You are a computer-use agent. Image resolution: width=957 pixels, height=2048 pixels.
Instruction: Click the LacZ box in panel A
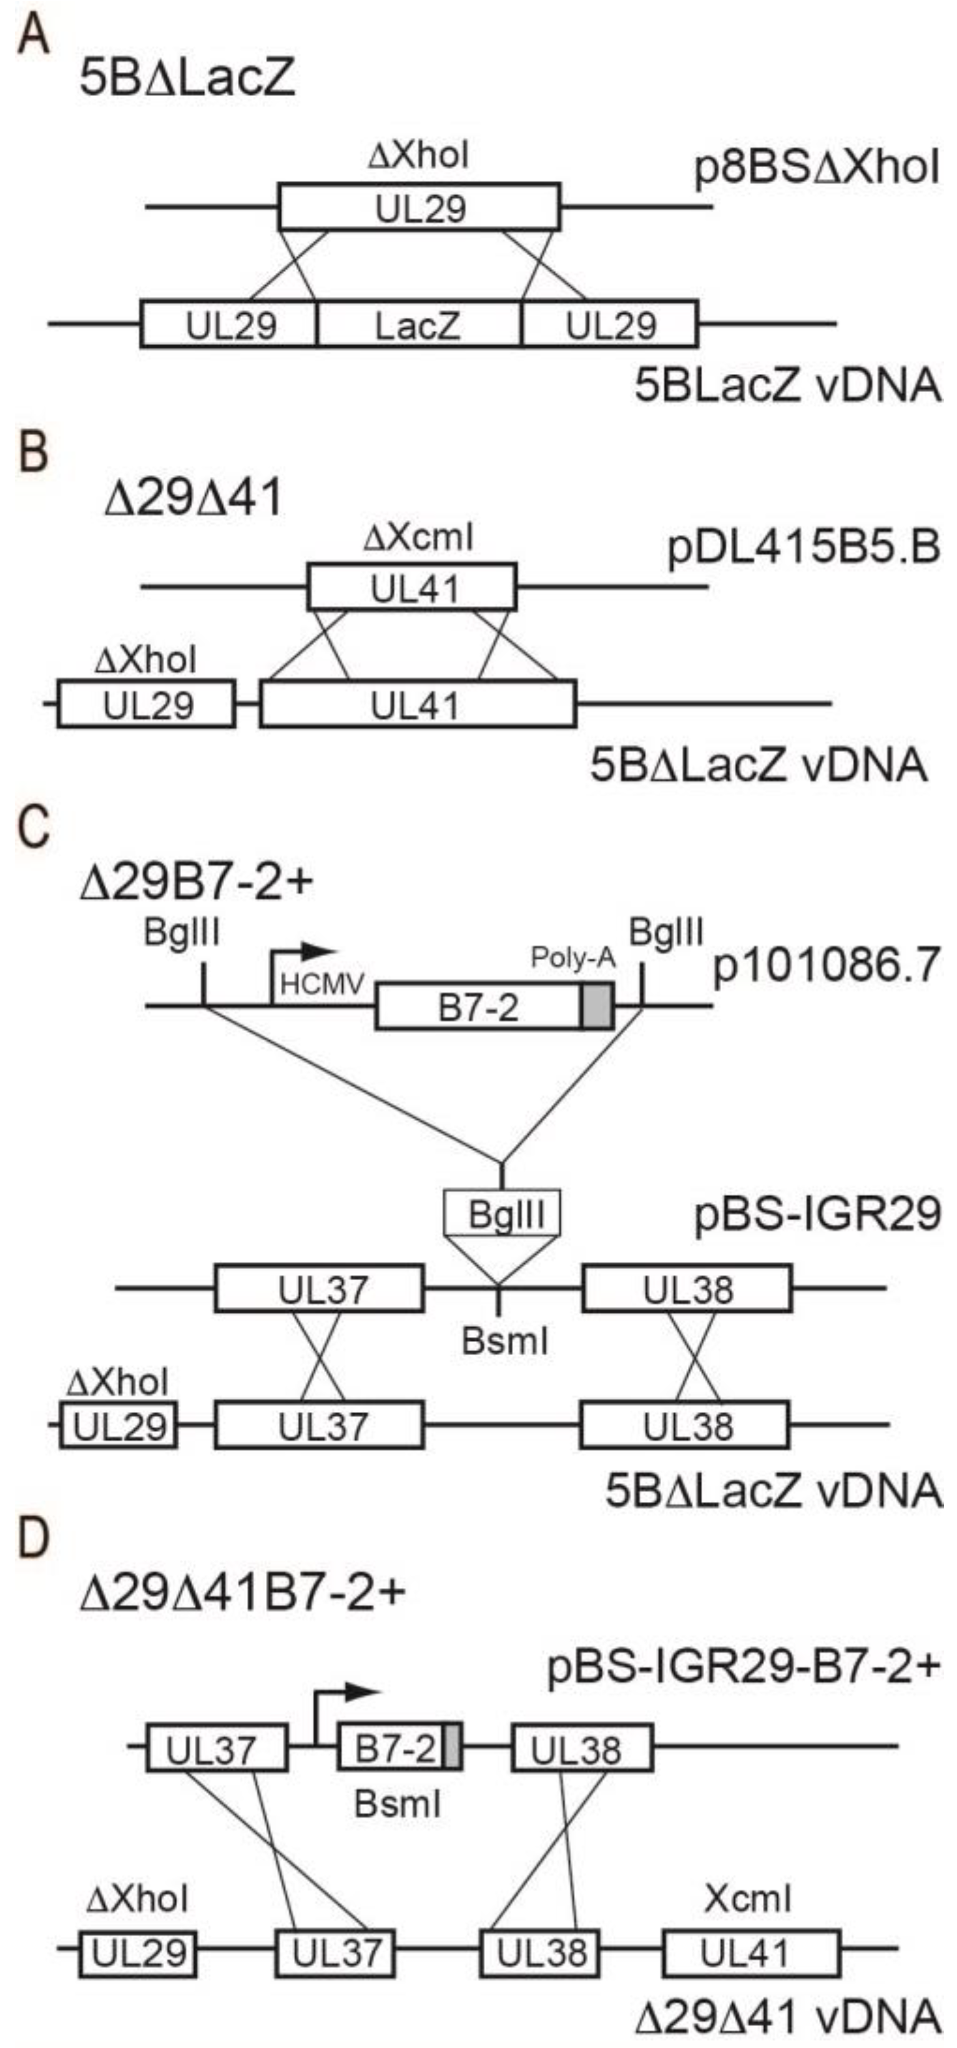[418, 325]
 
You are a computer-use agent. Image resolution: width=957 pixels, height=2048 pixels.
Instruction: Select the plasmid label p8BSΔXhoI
[817, 169]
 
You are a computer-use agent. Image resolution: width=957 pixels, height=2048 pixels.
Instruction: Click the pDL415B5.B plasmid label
[803, 548]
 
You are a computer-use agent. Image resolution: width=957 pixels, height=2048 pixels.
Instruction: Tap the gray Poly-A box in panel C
[597, 1006]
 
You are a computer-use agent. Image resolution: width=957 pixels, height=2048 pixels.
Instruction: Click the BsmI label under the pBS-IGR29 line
[506, 1342]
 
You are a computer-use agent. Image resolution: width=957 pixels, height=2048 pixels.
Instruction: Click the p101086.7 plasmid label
[827, 968]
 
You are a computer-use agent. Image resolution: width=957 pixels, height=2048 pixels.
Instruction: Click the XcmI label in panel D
[747, 1899]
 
